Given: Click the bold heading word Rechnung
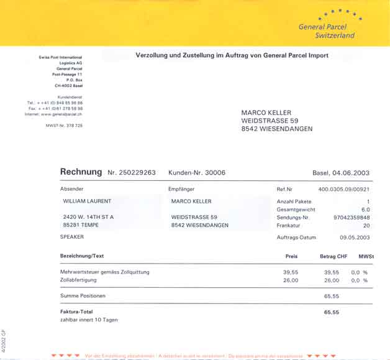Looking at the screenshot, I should coord(81,172).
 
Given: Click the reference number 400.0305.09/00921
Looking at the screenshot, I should coord(343,188).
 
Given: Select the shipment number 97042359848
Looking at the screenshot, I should coord(351,218).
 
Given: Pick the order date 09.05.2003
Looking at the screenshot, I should coord(355,237).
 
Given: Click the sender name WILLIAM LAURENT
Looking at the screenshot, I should coord(88,201).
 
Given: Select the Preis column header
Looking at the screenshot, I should coord(291,256).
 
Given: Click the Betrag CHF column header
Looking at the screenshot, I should coord(333,256).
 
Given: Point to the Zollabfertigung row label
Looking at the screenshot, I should coord(82,280).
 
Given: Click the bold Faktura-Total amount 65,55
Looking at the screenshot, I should coord(332,312).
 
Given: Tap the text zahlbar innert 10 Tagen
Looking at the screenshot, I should coord(89,320).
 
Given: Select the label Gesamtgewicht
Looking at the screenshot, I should coord(296,210).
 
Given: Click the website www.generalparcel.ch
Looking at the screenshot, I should coord(62,114).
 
